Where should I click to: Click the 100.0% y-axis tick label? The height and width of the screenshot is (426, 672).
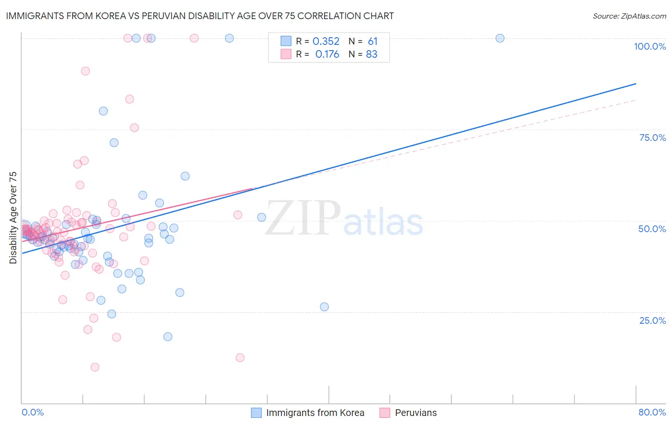(650, 46)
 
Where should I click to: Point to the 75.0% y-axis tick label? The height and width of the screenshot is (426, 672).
(652, 138)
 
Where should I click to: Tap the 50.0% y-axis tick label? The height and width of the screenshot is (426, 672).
(652, 229)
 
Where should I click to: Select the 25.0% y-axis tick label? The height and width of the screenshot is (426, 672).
(652, 320)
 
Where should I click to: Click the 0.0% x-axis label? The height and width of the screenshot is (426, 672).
(33, 412)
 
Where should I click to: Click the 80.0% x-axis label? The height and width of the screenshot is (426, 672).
(652, 412)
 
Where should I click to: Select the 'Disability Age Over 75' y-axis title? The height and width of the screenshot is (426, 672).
(13, 218)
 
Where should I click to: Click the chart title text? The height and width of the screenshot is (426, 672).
(200, 16)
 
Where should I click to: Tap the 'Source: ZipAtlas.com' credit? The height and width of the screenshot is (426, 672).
(629, 16)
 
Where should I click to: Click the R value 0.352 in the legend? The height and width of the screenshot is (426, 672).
(326, 42)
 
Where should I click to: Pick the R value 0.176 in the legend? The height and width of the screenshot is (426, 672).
(327, 54)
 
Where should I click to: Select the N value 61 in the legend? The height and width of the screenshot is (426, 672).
(372, 42)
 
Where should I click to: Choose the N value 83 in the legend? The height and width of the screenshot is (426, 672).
(371, 54)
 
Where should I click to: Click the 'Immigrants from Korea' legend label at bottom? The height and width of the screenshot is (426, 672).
(315, 413)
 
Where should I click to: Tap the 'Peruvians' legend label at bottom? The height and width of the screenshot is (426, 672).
(415, 413)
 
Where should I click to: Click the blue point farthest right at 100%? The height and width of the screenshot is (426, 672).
(500, 38)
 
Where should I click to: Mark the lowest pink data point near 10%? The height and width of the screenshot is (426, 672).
(95, 367)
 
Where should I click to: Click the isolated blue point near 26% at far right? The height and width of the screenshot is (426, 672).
(325, 307)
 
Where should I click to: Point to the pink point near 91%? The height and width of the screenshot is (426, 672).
(86, 71)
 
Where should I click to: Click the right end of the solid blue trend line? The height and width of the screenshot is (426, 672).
(636, 84)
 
